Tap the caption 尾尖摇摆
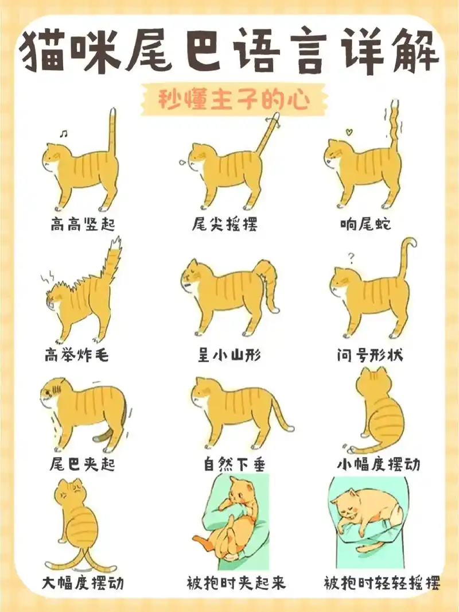224,224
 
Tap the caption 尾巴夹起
83,463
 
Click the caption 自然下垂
229,463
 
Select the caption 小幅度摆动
378,463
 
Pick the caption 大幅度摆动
83,584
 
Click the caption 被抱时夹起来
236,584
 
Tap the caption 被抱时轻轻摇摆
382,584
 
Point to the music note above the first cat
63,133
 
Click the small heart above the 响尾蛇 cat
347,132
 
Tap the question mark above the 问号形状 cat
351,256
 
